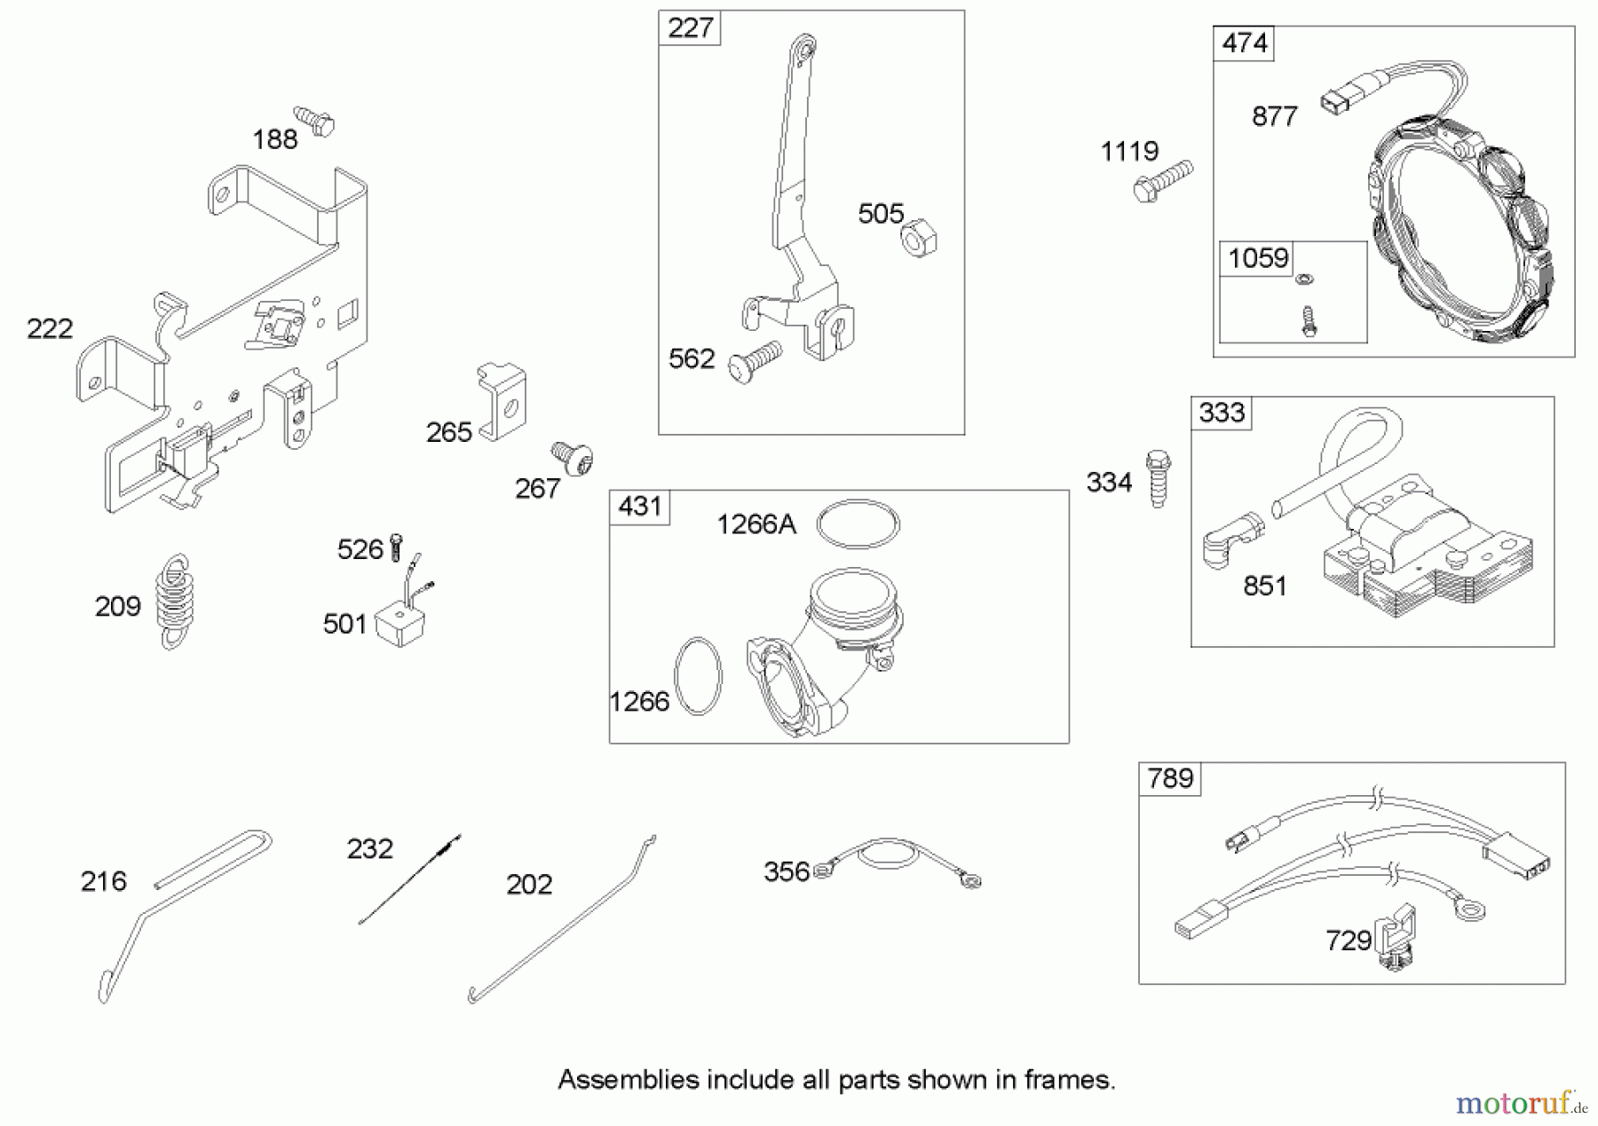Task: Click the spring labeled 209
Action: [175, 602]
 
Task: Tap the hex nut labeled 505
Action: [919, 239]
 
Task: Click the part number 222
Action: [50, 329]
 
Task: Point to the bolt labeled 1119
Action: [1163, 180]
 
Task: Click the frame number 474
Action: [1244, 43]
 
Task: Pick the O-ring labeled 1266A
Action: [858, 524]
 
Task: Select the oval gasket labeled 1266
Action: [699, 675]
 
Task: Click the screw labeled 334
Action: [1158, 479]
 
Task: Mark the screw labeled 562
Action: [754, 361]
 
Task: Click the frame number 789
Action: [1169, 778]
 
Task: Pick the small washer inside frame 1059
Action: [1303, 280]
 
